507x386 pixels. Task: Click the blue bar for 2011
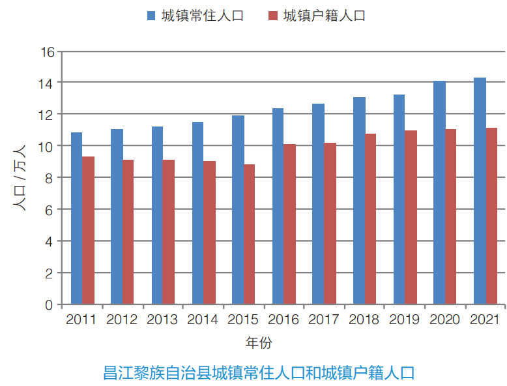click(76, 218)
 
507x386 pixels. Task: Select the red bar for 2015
click(249, 234)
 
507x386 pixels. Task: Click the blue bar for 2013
click(157, 215)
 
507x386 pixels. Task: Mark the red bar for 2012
click(128, 232)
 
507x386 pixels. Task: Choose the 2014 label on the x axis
click(202, 320)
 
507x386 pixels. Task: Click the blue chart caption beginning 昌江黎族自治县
click(259, 373)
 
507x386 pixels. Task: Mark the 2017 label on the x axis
click(324, 320)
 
